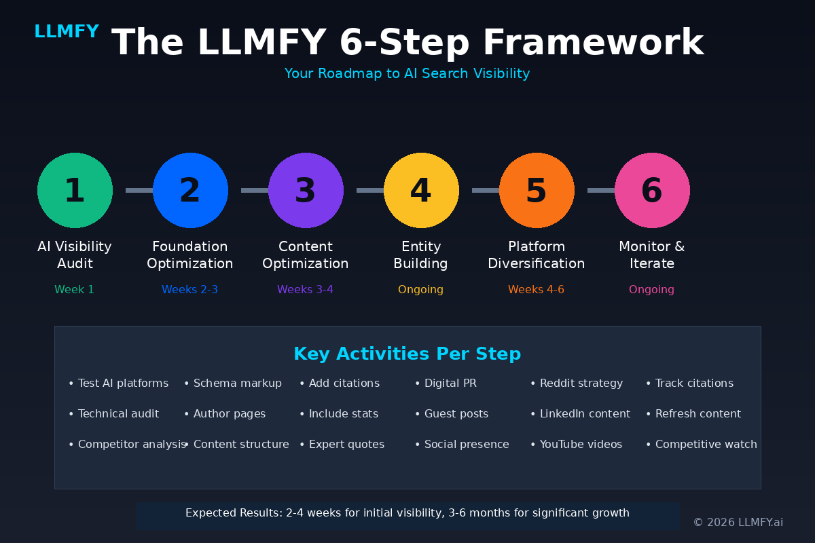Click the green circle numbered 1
[75, 190]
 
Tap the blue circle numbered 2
[190, 190]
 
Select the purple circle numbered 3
[306, 190]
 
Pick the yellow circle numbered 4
[421, 190]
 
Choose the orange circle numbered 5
[537, 190]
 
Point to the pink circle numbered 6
[652, 190]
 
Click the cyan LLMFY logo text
[67, 32]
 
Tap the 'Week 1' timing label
[75, 290]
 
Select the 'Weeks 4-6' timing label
[537, 290]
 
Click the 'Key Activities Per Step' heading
[407, 354]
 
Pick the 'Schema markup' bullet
[237, 383]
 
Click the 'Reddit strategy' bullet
[581, 383]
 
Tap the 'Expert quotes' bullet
[346, 445]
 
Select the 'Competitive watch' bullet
[706, 445]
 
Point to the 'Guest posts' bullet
[456, 414]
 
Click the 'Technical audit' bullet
[118, 414]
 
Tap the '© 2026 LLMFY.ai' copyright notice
[738, 523]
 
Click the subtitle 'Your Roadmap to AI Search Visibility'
[407, 73]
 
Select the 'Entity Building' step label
[421, 255]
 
